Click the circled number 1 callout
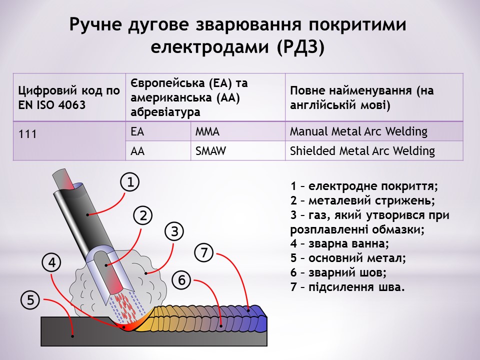tap(129, 182)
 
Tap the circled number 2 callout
tap(143, 215)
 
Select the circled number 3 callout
tap(174, 231)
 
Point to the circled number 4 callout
tap(52, 262)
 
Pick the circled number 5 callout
tap(30, 300)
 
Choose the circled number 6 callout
tap(182, 280)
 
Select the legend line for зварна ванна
tap(339, 244)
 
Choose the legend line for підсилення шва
tap(347, 288)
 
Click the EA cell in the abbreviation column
tap(137, 132)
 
